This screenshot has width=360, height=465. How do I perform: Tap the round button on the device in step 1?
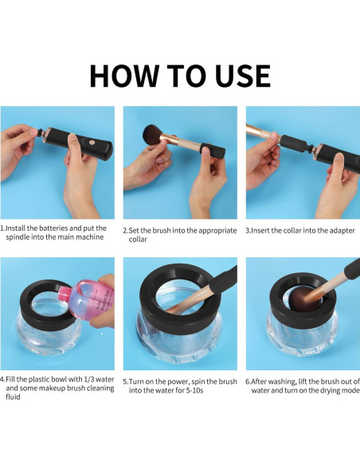(x=92, y=143)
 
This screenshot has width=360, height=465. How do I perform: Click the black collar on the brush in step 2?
(x=213, y=151)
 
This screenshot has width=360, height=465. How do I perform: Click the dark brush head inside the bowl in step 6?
(x=300, y=299)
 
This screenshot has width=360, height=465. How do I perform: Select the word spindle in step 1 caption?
(x=17, y=237)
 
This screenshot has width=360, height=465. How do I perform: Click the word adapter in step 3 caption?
(x=342, y=231)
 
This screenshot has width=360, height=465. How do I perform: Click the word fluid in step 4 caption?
(x=13, y=397)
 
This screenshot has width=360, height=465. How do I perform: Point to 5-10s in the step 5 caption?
(x=194, y=390)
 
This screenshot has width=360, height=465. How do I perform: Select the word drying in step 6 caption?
(x=331, y=390)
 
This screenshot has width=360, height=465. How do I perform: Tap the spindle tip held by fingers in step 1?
(x=38, y=131)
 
